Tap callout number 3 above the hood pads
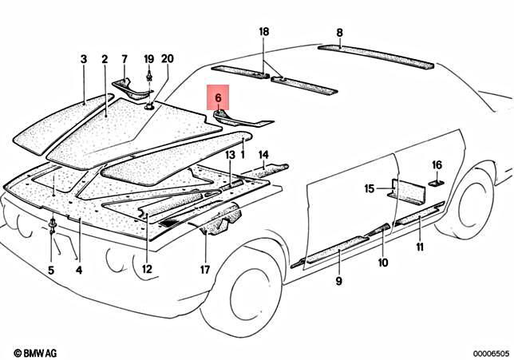coord(83,60)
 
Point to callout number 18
coord(263,32)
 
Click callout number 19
coord(148,60)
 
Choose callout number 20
coord(167,60)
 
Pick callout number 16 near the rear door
coord(437,164)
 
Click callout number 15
coord(369,189)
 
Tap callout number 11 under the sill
coord(420,246)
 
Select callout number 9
coord(338,281)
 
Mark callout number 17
coord(205,270)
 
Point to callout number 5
coord(51,270)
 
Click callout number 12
coord(147,270)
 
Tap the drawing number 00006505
coord(488,351)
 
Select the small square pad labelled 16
coord(437,183)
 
